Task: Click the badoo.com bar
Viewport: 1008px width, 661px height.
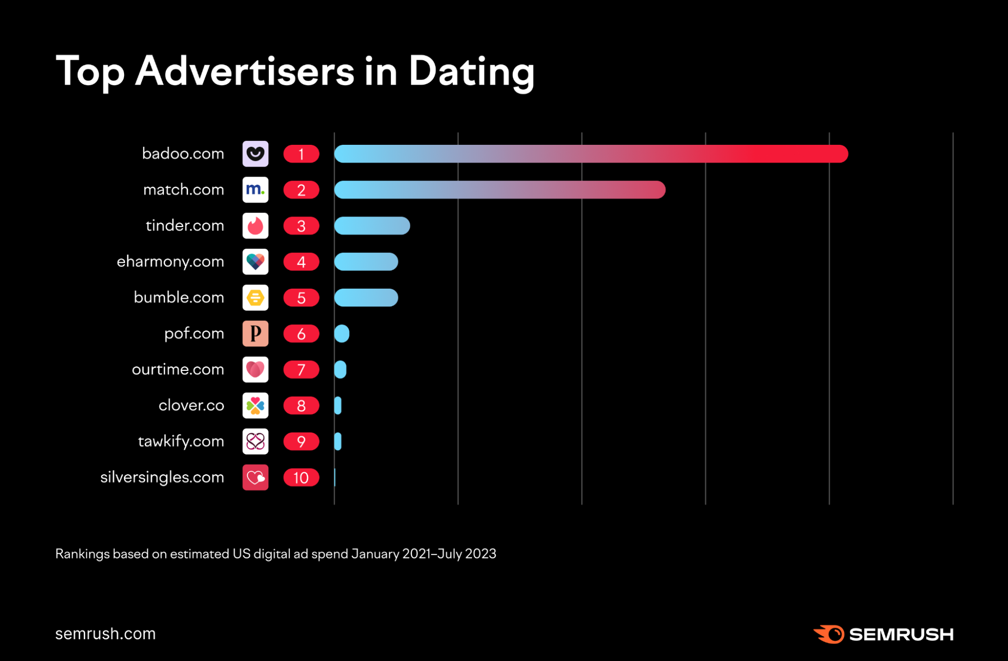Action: click(x=590, y=154)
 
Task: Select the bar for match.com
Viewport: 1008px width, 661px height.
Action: click(x=499, y=190)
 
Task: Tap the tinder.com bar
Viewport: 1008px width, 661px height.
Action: click(x=372, y=226)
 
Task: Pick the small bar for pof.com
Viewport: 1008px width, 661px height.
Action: click(x=341, y=334)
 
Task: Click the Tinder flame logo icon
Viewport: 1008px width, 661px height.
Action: click(x=255, y=226)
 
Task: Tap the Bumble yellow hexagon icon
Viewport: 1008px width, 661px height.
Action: click(x=255, y=298)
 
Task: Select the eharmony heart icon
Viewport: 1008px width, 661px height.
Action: click(x=255, y=261)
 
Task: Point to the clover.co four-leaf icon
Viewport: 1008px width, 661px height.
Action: click(x=255, y=406)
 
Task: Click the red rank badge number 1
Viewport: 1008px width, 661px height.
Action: click(x=301, y=154)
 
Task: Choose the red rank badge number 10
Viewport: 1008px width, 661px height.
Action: click(x=301, y=478)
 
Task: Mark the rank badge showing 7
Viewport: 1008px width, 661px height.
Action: click(x=301, y=370)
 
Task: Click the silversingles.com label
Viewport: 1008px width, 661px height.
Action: click(x=162, y=477)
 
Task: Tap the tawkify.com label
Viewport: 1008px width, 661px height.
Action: click(x=181, y=442)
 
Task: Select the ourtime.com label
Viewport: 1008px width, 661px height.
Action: click(x=177, y=369)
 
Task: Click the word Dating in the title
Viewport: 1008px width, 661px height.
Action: click(x=471, y=72)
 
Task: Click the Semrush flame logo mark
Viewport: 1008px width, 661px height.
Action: click(x=829, y=634)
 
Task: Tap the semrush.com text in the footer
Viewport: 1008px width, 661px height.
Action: click(x=105, y=634)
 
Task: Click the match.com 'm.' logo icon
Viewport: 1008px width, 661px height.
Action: click(x=255, y=190)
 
